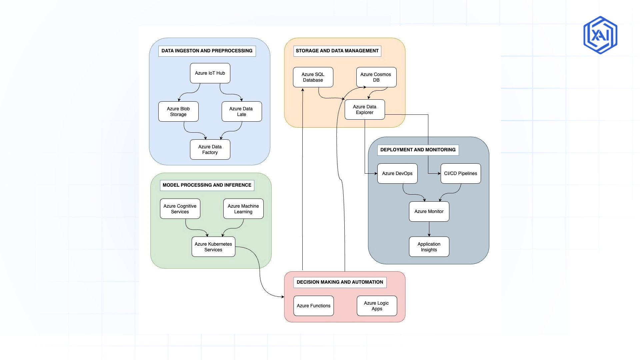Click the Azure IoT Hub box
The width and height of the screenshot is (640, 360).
pyautogui.click(x=210, y=73)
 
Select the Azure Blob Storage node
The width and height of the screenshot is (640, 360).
pyautogui.click(x=178, y=111)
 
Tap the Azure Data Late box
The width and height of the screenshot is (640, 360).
pyautogui.click(x=242, y=111)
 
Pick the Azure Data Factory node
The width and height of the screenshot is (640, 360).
pyautogui.click(x=210, y=149)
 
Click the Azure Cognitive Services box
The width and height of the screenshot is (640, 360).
pyautogui.click(x=180, y=209)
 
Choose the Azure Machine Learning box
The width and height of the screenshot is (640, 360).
pyautogui.click(x=243, y=209)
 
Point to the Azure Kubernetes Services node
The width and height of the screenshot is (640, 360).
pyautogui.click(x=213, y=247)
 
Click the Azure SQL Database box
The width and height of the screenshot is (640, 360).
pyautogui.click(x=313, y=77)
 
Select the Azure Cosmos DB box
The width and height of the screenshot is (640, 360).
pyautogui.click(x=376, y=77)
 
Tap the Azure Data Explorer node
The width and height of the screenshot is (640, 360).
pyautogui.click(x=365, y=109)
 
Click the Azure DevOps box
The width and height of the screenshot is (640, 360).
pyautogui.click(x=397, y=173)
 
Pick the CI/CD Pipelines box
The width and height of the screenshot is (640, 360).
pyautogui.click(x=461, y=173)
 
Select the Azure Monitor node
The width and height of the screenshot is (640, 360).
pyautogui.click(x=429, y=211)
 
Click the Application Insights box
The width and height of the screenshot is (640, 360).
pyautogui.click(x=429, y=247)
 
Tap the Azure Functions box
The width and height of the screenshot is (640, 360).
pyautogui.click(x=314, y=306)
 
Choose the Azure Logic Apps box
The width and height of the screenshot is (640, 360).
pyautogui.click(x=377, y=306)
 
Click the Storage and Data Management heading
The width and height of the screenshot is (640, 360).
pyautogui.click(x=337, y=51)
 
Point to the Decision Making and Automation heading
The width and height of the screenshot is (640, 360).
pyautogui.click(x=340, y=282)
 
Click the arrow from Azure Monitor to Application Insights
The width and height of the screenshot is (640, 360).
pyautogui.click(x=429, y=229)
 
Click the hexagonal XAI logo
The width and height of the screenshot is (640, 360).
pyautogui.click(x=600, y=35)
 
